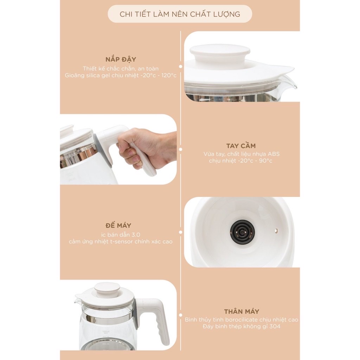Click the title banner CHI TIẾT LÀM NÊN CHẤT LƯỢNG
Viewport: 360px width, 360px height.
(180, 14)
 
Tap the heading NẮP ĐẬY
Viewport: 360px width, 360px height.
(121, 59)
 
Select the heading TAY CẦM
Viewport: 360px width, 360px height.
(241, 146)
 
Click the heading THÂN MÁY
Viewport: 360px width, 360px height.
(242, 311)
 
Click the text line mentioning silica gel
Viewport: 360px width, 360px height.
(121, 75)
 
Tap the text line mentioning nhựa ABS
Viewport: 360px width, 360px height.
(242, 154)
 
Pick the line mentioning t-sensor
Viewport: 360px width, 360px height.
(121, 242)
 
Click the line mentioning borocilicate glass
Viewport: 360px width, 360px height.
(242, 320)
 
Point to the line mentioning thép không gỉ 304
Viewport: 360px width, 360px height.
(242, 327)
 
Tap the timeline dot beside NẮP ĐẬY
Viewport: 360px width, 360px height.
(181, 66)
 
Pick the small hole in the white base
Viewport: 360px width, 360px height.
(276, 231)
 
